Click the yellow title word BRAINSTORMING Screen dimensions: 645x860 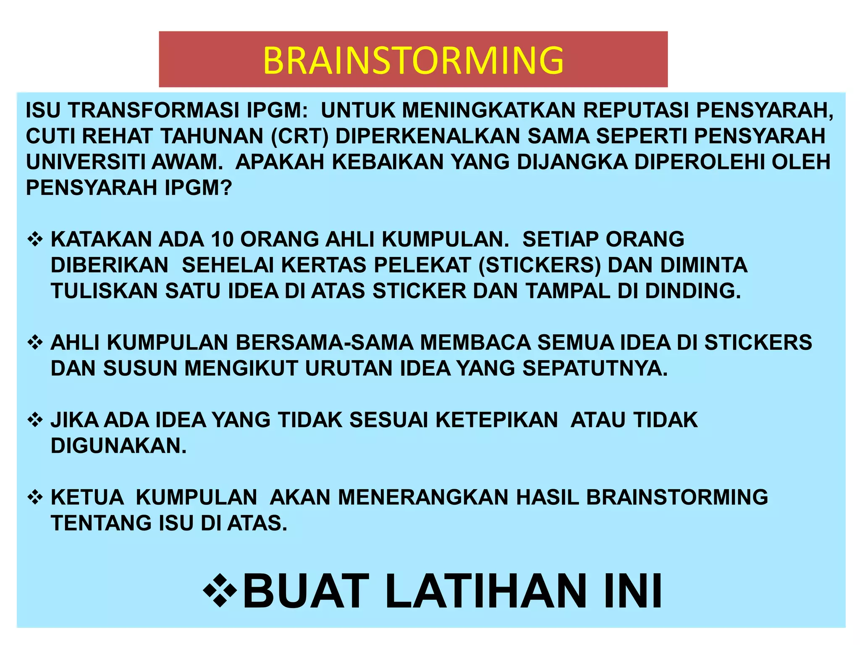pos(413,60)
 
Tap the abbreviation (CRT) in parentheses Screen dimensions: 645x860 pos(299,136)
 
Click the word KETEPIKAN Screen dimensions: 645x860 pos(497,420)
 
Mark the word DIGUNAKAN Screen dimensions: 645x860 pos(118,446)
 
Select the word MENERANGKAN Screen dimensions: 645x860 pos(424,497)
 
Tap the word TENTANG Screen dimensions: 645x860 pos(101,523)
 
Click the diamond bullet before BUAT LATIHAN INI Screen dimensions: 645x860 pos(220,591)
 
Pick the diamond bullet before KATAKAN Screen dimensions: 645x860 pos(35,239)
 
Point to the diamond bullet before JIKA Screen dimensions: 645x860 pos(35,420)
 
